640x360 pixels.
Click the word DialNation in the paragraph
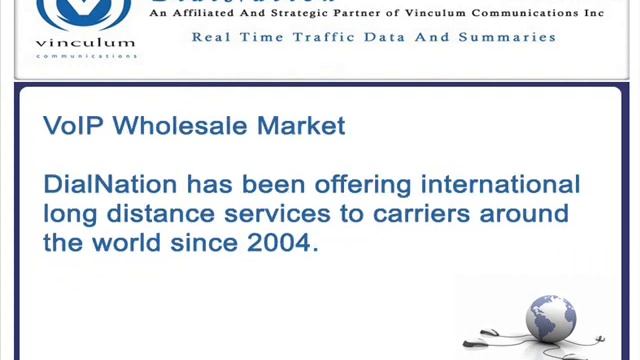tap(110, 185)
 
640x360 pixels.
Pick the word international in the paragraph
tap(500, 185)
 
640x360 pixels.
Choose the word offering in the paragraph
tap(365, 185)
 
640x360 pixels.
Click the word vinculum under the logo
tap(85, 44)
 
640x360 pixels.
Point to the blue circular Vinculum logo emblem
tap(84, 12)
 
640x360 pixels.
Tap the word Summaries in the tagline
tap(506, 37)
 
